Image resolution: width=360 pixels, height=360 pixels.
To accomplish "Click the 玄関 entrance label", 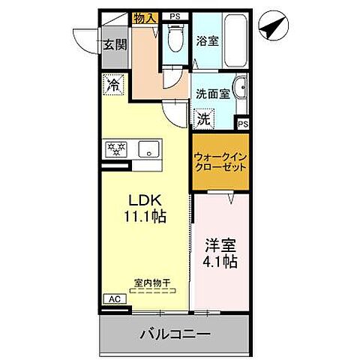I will (x=115, y=44).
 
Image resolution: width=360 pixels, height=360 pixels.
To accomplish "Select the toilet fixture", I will (x=174, y=37).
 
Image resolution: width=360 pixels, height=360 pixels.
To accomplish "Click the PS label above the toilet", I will (x=175, y=16).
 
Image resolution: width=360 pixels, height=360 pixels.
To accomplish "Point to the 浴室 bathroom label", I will (x=208, y=40).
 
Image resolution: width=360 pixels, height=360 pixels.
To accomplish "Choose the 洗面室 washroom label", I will (x=212, y=95).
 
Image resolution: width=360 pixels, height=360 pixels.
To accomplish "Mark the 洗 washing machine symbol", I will (x=203, y=118).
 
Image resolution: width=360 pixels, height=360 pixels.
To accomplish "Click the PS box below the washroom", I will (x=243, y=124).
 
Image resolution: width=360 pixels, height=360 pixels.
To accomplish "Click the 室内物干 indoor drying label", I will (x=152, y=283).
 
